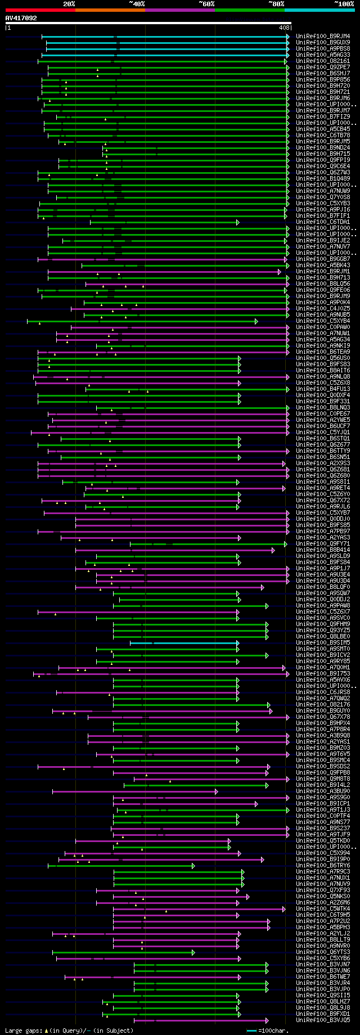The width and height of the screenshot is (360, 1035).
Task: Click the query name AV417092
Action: [21, 18]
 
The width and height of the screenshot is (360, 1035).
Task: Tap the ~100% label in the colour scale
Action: [344, 3]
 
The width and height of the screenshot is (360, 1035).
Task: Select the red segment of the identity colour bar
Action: [40, 10]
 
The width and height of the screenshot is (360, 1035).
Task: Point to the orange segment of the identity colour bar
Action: [110, 10]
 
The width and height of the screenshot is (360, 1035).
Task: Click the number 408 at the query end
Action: [284, 28]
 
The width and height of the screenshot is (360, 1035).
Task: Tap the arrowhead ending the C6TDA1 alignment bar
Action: [238, 222]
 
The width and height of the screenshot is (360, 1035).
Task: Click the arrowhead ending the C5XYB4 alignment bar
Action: [256, 321]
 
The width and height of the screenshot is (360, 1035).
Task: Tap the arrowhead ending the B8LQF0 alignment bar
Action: [262, 587]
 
